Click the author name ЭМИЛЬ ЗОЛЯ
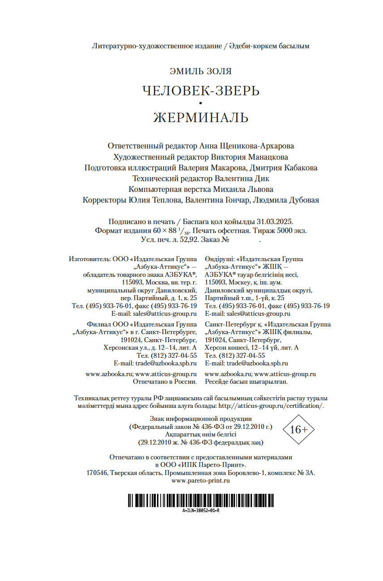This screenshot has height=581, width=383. click(x=201, y=72)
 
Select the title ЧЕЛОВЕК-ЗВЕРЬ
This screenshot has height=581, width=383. click(x=201, y=91)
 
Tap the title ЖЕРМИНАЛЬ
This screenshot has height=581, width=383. click(x=201, y=118)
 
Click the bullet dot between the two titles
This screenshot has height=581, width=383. click(x=201, y=104)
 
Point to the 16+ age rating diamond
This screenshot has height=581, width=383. click(x=299, y=430)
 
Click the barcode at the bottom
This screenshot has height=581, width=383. click(x=201, y=500)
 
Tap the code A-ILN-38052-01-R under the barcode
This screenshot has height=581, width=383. click(x=201, y=510)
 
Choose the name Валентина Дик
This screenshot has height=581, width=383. click(x=255, y=178)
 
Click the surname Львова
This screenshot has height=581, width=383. click(x=260, y=189)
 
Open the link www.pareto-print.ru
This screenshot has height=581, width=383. click(x=201, y=480)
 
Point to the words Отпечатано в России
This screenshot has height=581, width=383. click(x=165, y=382)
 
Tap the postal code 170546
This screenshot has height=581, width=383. click(x=97, y=473)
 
